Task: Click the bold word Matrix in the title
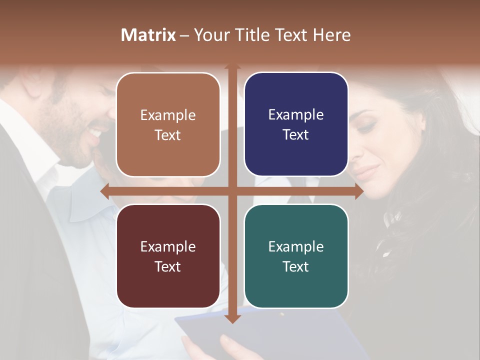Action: coord(148,35)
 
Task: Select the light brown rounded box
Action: coord(168,124)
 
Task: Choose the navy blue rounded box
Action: coord(296,124)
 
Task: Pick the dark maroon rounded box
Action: coord(168,256)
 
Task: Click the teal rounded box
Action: coord(296,256)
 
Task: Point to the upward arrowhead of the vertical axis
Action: coord(232,66)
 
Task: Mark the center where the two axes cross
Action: coord(232,191)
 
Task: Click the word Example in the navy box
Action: coord(296,114)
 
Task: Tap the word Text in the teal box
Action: coord(296,266)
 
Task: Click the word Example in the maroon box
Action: coord(168,246)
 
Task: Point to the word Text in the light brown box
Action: coord(168,135)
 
